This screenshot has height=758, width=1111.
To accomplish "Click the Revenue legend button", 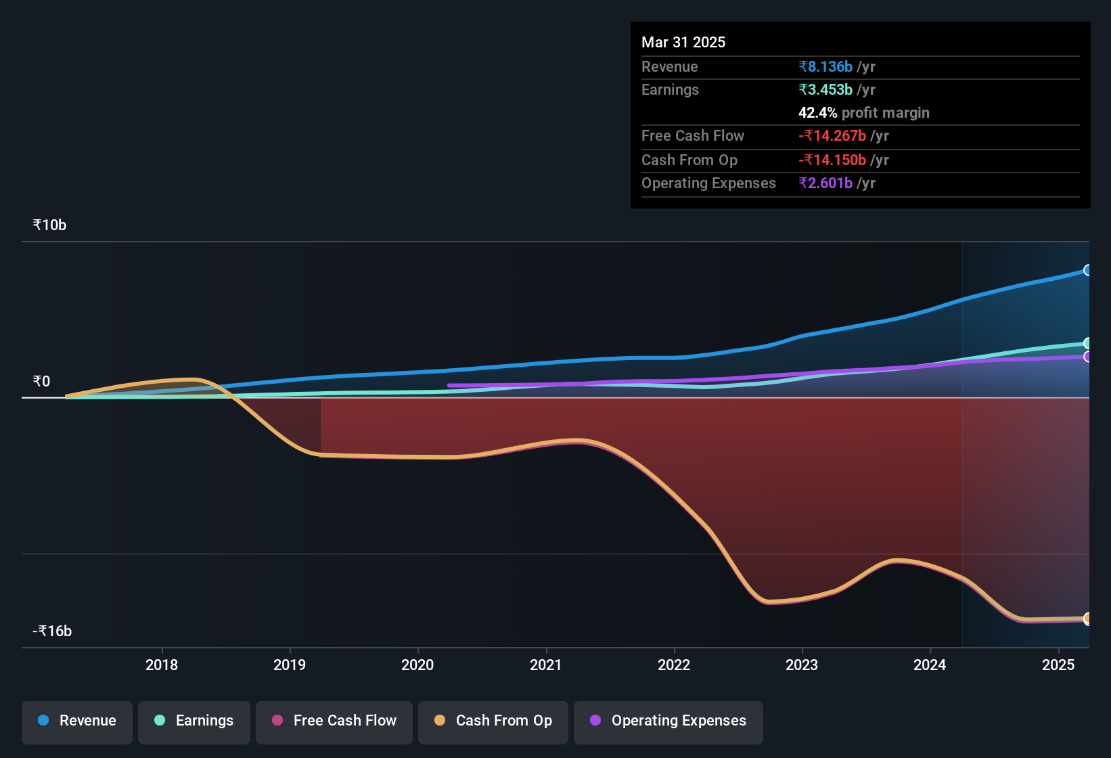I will pyautogui.click(x=77, y=721).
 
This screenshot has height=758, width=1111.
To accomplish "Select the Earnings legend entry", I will pyautogui.click(x=194, y=721).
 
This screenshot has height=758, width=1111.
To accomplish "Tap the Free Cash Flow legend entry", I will pyautogui.click(x=334, y=721).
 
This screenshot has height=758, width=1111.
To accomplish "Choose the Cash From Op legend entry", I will pyautogui.click(x=493, y=721).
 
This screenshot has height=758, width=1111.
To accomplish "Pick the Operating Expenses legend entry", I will pyautogui.click(x=668, y=721).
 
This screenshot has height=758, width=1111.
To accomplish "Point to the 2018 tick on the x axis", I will pyautogui.click(x=162, y=665).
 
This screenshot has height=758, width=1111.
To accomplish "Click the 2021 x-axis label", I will pyautogui.click(x=546, y=665).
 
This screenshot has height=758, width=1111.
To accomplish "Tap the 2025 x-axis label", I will pyautogui.click(x=1058, y=665).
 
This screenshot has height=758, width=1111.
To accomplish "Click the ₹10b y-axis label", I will pyautogui.click(x=49, y=225).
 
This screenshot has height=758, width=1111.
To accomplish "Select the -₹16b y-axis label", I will pyautogui.click(x=52, y=631).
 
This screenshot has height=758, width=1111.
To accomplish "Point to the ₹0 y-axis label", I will pyautogui.click(x=41, y=382).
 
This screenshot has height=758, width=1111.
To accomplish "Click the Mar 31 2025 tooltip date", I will pyautogui.click(x=683, y=42).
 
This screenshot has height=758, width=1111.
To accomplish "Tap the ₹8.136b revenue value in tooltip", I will pyautogui.click(x=825, y=67).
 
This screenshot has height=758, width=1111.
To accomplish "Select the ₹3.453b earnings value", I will pyautogui.click(x=825, y=90).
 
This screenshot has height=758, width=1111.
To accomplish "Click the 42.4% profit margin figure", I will pyautogui.click(x=817, y=113).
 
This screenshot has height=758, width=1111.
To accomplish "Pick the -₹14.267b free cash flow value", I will pyautogui.click(x=832, y=136).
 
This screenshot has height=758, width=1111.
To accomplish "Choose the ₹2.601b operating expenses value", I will pyautogui.click(x=825, y=183).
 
